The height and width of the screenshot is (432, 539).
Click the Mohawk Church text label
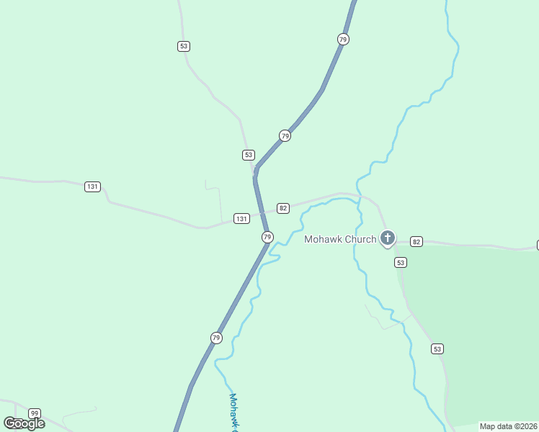340,239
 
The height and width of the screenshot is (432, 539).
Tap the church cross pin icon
388,238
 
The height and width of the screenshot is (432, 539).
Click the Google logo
24,423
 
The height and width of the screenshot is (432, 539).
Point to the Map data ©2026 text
508,426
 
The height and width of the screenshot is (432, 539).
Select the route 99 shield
35,413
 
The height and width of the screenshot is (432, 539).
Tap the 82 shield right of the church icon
416,241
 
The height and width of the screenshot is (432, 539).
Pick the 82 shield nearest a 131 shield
283,208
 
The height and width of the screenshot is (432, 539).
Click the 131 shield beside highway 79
241,218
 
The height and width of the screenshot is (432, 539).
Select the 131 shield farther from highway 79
92,186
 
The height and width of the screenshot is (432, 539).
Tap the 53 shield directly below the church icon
401,263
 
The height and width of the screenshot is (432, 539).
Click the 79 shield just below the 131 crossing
267,237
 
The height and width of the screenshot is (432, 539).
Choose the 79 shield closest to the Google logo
217,338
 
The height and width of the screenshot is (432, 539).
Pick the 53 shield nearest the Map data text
437,348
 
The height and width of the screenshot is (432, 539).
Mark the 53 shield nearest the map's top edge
184,46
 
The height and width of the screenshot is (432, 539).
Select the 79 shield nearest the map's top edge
343,39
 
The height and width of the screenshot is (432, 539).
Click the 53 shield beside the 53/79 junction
249,155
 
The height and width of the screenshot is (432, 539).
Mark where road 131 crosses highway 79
261,214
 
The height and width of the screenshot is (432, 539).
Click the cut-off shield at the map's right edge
537,245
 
